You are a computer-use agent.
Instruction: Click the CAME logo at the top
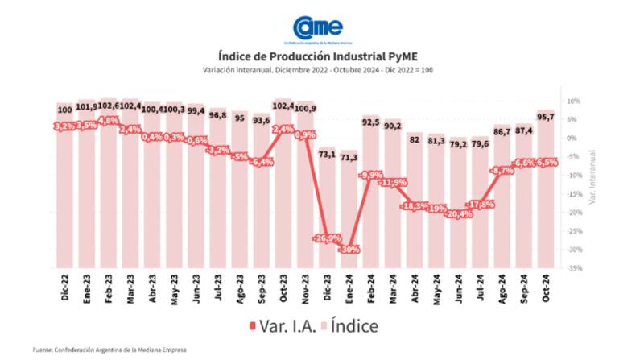[317, 29]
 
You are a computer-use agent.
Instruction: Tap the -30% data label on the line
[349, 250]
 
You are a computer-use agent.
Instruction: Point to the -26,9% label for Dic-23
[327, 238]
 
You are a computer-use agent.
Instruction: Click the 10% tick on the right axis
[574, 101]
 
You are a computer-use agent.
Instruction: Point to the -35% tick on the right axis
[574, 267]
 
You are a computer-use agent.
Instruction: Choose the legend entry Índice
[355, 325]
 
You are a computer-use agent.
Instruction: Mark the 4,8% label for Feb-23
[109, 120]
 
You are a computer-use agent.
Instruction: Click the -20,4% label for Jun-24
[459, 213]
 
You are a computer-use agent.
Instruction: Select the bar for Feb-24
[370, 193]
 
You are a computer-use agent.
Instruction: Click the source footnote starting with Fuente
[109, 350]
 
